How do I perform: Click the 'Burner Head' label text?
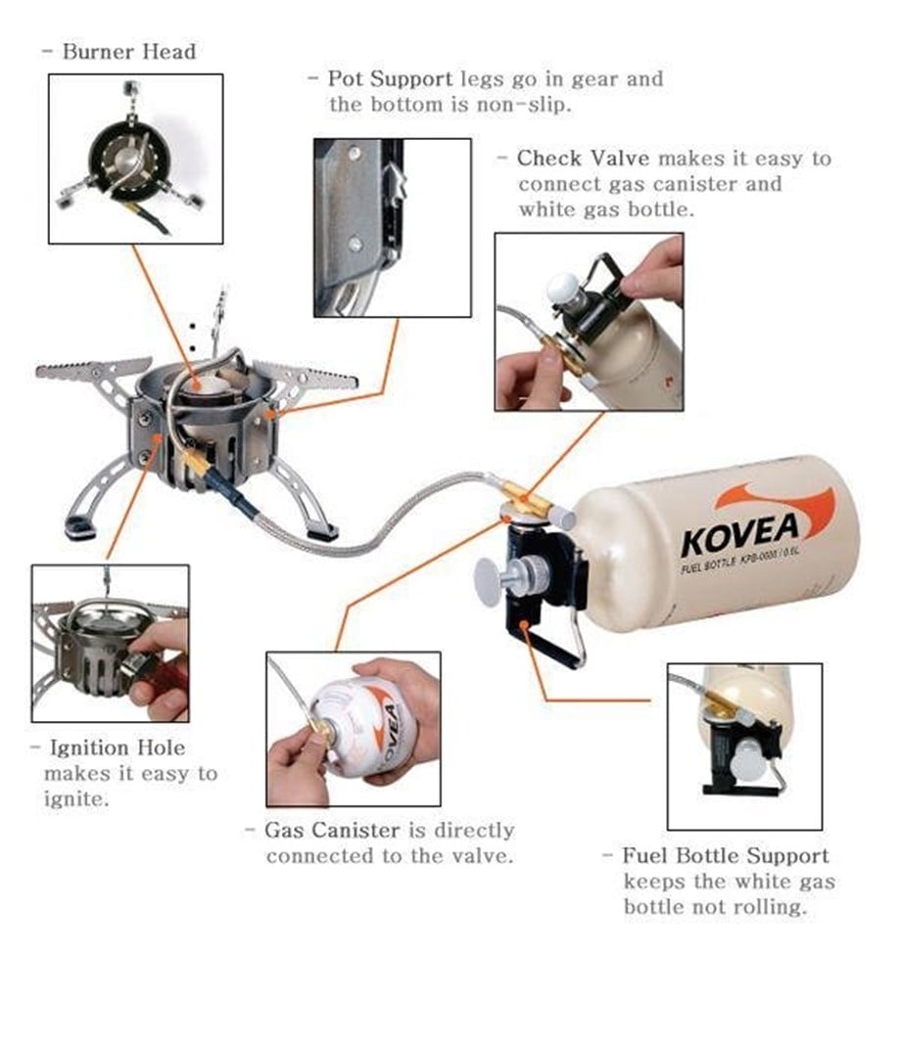[128, 52]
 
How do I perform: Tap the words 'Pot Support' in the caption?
[389, 78]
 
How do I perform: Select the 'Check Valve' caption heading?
[583, 158]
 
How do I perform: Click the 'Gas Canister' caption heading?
[332, 830]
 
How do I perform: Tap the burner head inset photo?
[136, 158]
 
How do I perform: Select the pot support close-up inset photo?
[392, 227]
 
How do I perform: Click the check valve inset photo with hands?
[589, 321]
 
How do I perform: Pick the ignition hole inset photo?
[110, 643]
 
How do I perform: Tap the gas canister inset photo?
[353, 728]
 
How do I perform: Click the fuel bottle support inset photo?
[744, 746]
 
